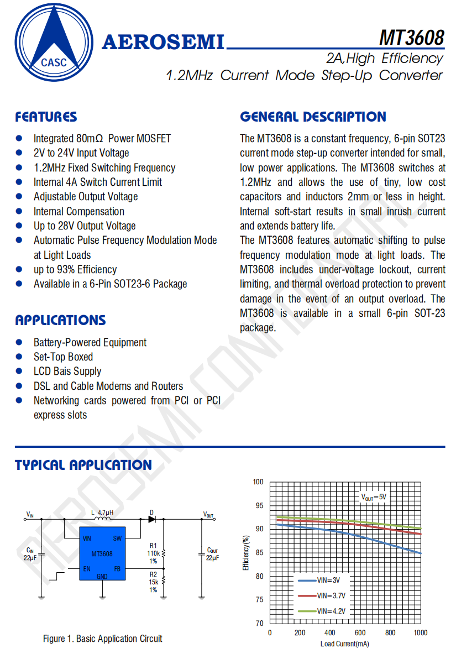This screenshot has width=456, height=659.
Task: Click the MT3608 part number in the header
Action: pos(411,37)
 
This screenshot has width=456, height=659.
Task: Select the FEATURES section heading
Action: pos(46,117)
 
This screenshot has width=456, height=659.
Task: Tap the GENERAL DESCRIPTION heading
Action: pos(313,117)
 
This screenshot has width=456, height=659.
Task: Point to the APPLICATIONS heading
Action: pos(60,320)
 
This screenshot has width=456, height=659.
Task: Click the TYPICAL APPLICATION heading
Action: pos(83,465)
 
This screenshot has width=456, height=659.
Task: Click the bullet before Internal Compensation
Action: pos(19,211)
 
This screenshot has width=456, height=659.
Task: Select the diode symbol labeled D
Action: pos(151,519)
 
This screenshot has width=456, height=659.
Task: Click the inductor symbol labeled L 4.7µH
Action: pos(102,519)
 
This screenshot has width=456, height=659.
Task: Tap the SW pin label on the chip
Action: pos(117,538)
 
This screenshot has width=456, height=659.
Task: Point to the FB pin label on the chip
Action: pos(117,568)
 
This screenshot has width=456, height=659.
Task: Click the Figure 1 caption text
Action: pos(103,639)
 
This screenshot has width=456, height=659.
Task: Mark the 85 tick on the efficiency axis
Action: pos(258,553)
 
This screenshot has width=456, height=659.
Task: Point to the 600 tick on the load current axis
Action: pos(360,632)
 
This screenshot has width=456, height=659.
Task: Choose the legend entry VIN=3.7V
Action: pos(331,596)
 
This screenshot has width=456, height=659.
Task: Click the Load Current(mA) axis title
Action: pos(345,644)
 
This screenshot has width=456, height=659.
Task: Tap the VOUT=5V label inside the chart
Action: pos(374,497)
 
